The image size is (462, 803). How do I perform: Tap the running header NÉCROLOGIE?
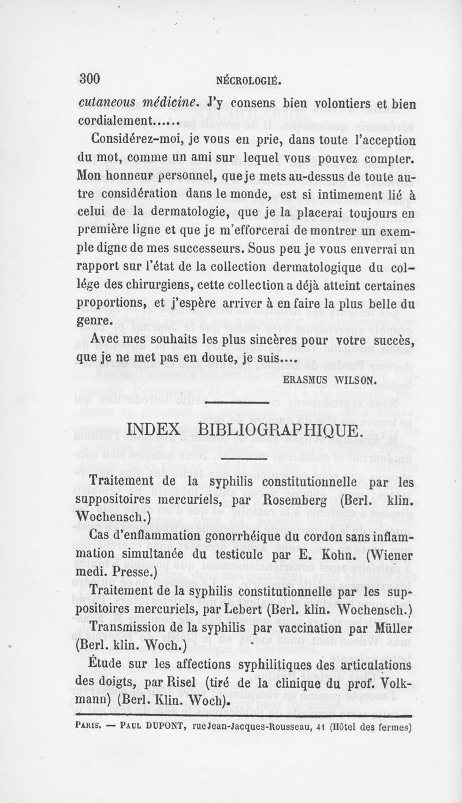point(249,81)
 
